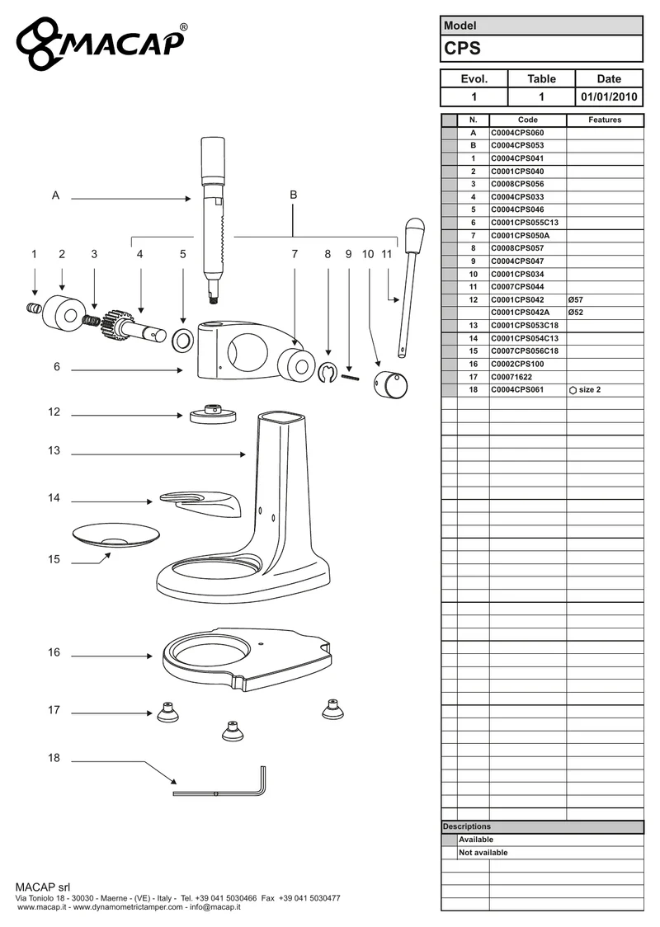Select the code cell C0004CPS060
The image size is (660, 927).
point(517,133)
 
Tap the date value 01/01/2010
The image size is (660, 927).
point(609,97)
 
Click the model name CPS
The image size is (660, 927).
point(463,49)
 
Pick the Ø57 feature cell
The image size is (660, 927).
point(575,299)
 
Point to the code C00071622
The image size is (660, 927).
point(511,377)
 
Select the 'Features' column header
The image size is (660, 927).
point(605,120)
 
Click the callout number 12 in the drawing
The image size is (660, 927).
point(54,412)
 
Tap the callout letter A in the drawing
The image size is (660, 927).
point(55,195)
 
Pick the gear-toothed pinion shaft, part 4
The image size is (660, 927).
point(134,327)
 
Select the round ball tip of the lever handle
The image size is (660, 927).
point(414,227)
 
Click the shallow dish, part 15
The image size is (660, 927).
point(116,535)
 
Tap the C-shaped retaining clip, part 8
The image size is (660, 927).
point(327,373)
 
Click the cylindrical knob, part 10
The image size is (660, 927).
point(391,384)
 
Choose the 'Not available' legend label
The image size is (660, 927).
point(483,853)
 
